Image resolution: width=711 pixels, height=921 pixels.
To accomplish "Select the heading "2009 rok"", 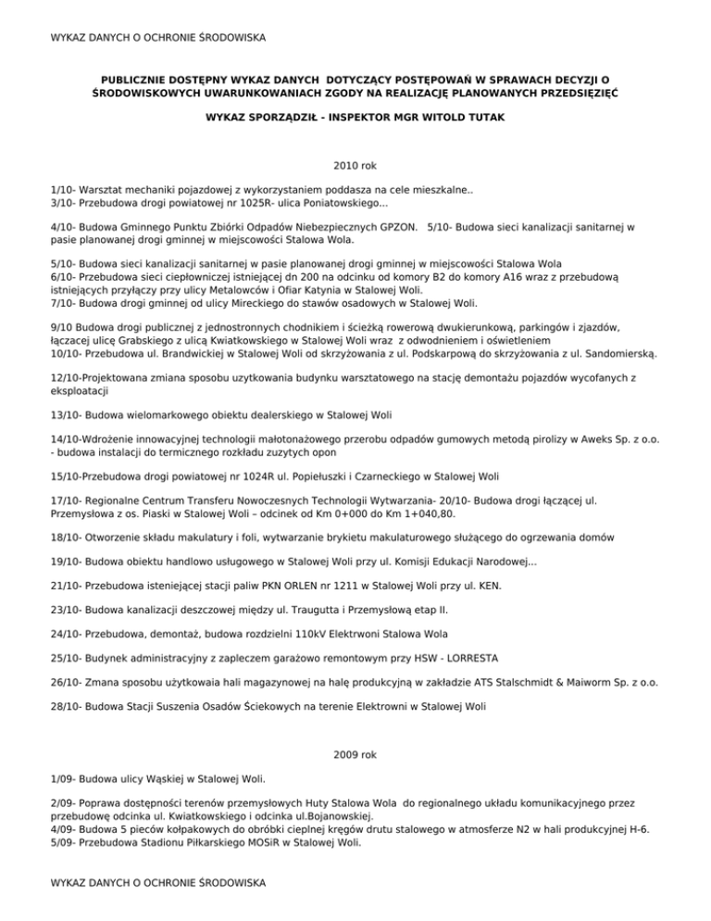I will [355, 755].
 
